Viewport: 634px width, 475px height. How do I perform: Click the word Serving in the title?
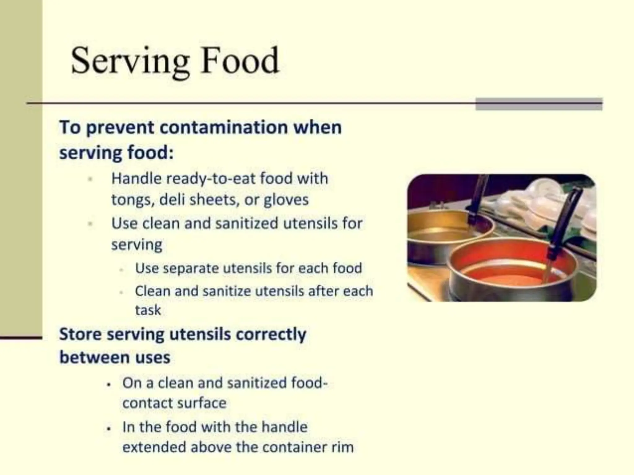(x=130, y=61)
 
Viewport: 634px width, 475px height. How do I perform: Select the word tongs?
(x=132, y=200)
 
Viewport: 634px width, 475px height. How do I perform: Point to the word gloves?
(x=286, y=200)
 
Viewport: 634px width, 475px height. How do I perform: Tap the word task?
(x=148, y=310)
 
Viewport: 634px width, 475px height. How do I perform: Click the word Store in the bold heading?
(x=80, y=335)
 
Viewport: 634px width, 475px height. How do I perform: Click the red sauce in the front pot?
(x=508, y=272)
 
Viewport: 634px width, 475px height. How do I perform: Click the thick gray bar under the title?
(x=539, y=104)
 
